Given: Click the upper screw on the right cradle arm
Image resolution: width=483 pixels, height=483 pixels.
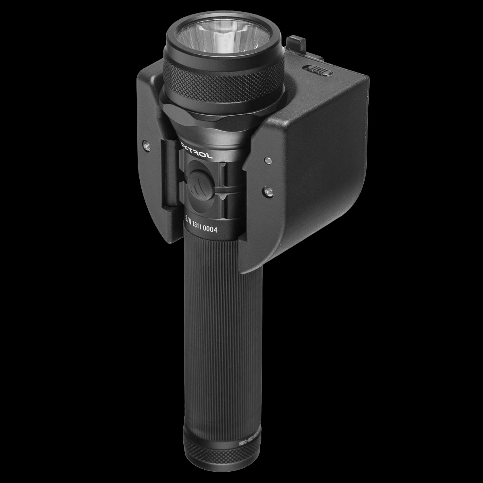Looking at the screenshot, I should (266, 161).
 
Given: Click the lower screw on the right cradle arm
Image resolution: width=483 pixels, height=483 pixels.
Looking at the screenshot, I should (267, 189).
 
